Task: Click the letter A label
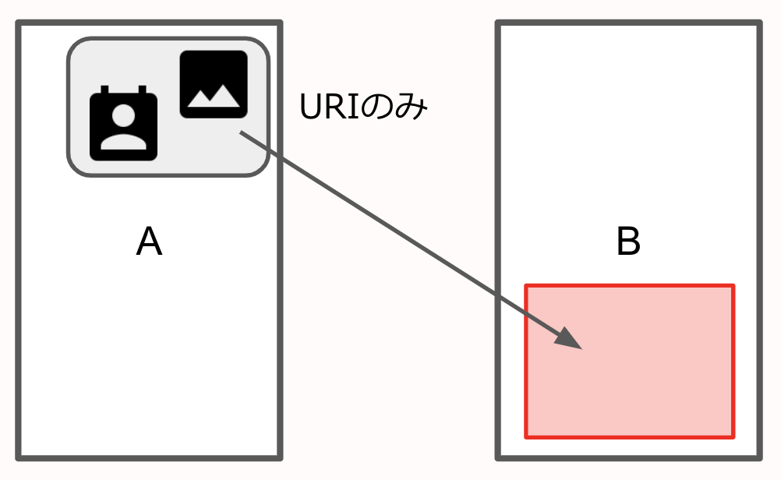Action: (x=149, y=242)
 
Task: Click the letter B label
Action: (x=628, y=242)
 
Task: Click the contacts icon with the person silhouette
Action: (x=123, y=125)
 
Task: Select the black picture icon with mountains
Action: (x=214, y=84)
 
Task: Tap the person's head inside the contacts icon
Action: (x=123, y=116)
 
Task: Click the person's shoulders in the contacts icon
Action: (x=123, y=142)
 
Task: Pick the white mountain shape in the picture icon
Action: (x=214, y=95)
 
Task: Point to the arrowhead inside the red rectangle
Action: (x=569, y=339)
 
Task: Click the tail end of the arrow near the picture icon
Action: (x=242, y=134)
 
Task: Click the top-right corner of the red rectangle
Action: (x=733, y=287)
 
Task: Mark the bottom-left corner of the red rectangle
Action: (x=526, y=436)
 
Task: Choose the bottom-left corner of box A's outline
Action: (x=19, y=456)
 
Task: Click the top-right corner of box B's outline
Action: (x=758, y=24)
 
